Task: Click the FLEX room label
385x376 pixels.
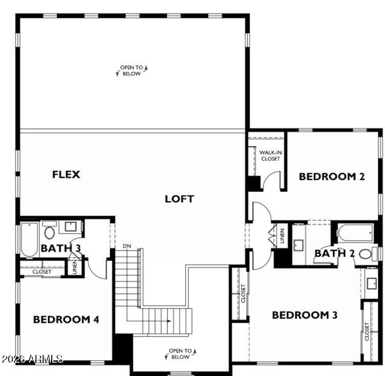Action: (x=66, y=174)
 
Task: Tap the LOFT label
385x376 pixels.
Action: (x=179, y=199)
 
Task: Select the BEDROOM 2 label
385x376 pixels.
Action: (x=332, y=176)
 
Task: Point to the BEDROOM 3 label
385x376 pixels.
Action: (x=305, y=315)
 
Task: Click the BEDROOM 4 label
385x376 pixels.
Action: (x=66, y=319)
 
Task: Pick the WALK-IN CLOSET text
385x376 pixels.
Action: (x=271, y=155)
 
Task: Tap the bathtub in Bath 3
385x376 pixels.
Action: (x=29, y=240)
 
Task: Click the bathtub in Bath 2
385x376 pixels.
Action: (x=356, y=233)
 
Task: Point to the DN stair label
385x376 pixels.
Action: (x=127, y=246)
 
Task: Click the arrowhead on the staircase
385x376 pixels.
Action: (x=169, y=321)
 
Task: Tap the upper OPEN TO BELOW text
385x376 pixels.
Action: (x=132, y=70)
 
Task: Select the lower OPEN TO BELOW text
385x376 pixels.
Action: (x=180, y=354)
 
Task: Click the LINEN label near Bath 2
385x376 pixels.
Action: (x=282, y=235)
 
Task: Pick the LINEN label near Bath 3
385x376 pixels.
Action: (x=75, y=267)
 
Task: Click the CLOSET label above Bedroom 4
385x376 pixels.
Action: (x=42, y=272)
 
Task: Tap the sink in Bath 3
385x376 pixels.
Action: (x=70, y=227)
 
